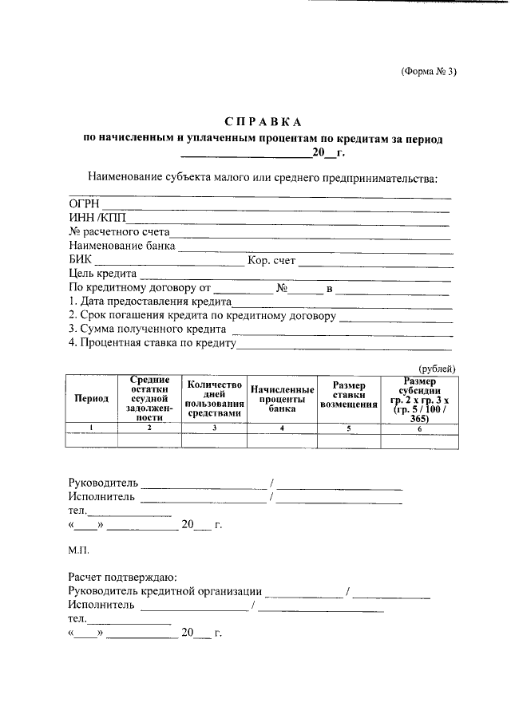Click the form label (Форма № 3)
[429, 71]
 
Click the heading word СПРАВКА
[263, 122]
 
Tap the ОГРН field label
[83, 205]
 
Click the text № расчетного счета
[119, 232]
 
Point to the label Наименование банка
[122, 246]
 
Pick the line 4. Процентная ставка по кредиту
[153, 343]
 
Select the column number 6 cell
[419, 428]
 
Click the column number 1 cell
[91, 428]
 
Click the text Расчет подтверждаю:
[122, 577]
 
